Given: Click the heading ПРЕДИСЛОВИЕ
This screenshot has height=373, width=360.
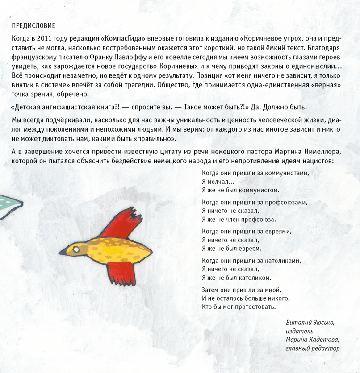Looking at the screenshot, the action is pos(34,25).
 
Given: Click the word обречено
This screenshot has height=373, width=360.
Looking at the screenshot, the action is pos(74,94).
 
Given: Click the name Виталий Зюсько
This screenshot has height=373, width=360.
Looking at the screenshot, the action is pos(310,322).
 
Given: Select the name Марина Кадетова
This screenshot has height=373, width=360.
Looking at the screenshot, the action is pos(310,340).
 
